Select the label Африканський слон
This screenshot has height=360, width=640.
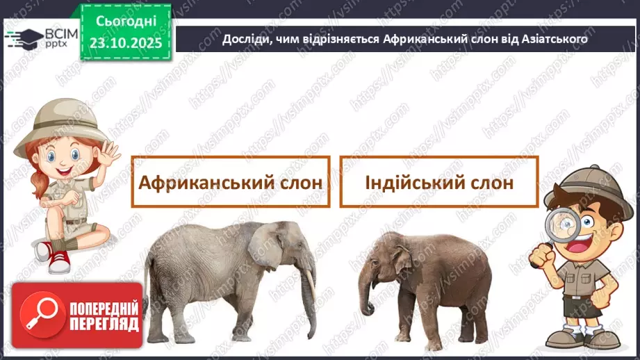click(x=230, y=182)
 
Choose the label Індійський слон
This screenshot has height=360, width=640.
click(x=438, y=182)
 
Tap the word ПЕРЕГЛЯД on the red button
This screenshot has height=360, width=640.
click(x=104, y=323)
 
